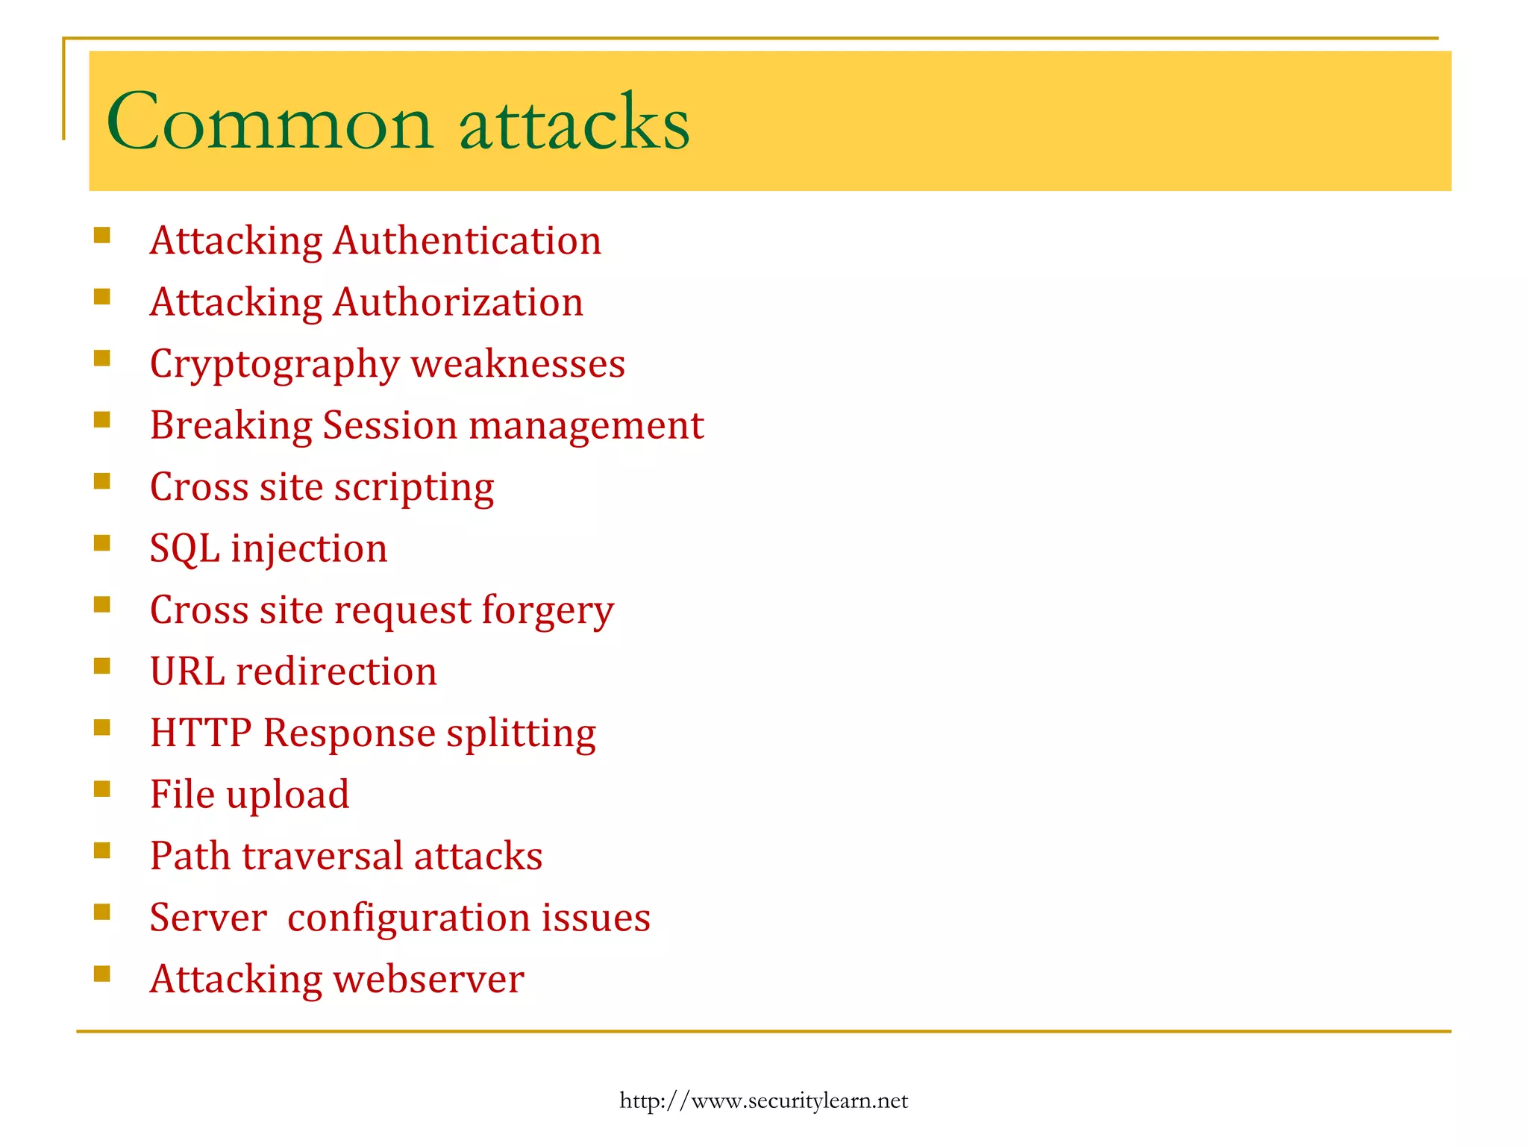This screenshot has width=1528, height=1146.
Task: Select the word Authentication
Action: (467, 241)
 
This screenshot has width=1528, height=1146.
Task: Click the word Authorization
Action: (458, 302)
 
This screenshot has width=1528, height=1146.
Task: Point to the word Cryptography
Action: (275, 365)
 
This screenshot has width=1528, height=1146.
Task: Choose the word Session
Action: (389, 425)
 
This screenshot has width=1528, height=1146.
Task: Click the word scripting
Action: (414, 488)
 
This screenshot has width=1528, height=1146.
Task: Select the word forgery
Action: (547, 611)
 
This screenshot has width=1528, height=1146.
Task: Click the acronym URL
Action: (187, 671)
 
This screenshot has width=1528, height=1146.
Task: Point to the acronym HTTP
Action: (201, 733)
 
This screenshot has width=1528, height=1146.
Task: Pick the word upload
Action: (287, 795)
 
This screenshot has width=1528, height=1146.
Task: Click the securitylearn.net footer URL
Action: (763, 1100)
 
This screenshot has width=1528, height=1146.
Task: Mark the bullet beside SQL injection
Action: (102, 542)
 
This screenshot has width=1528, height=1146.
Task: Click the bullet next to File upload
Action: (102, 789)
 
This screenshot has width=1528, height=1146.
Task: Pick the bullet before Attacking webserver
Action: (102, 973)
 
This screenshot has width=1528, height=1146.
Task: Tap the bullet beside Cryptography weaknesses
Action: (102, 358)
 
